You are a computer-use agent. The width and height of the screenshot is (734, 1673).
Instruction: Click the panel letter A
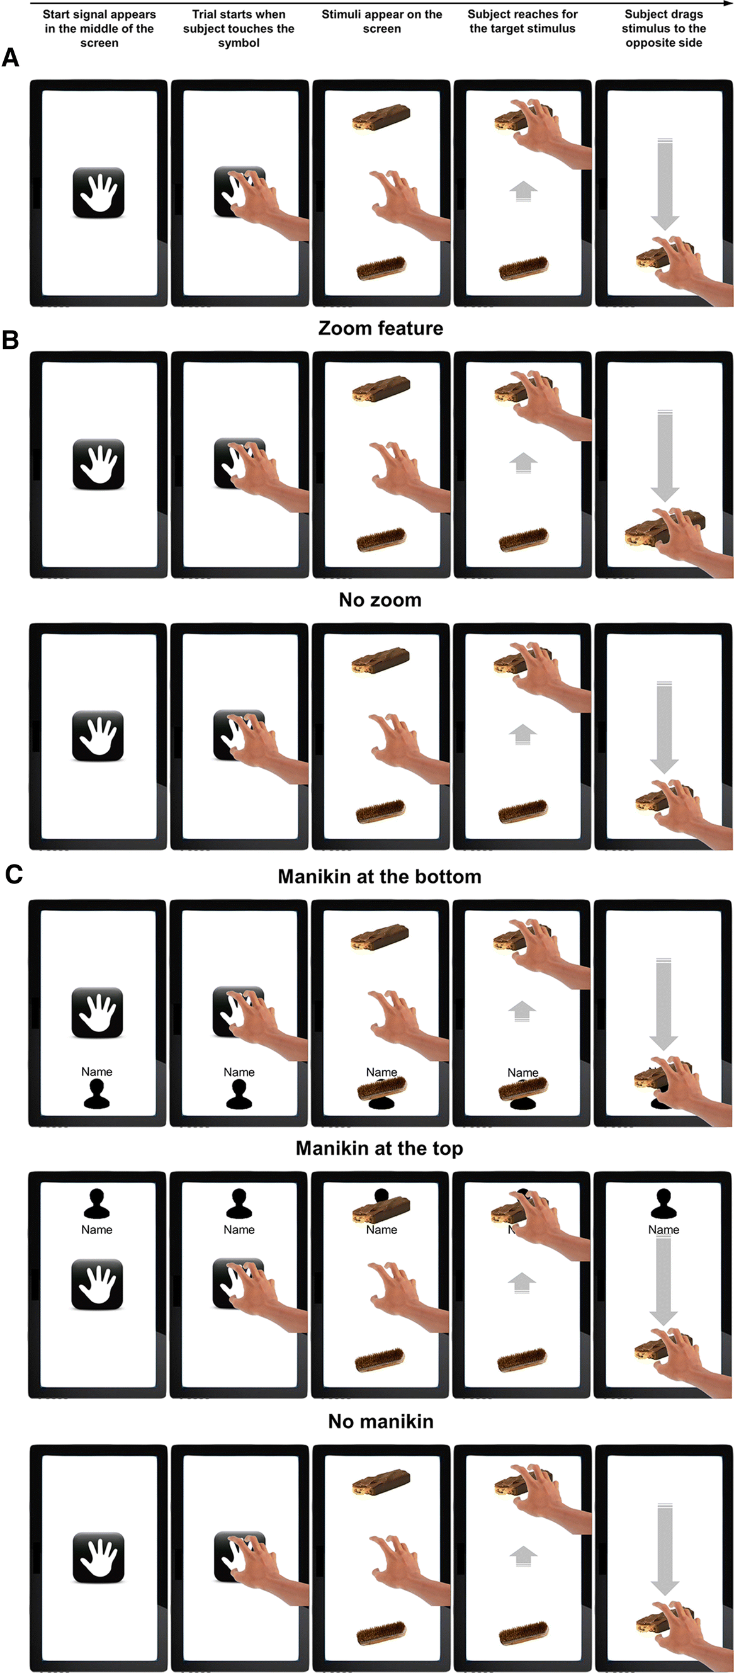(x=11, y=59)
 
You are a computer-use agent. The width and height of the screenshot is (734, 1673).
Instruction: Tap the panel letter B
(x=11, y=339)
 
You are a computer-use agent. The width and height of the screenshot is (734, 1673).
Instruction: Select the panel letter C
(x=14, y=874)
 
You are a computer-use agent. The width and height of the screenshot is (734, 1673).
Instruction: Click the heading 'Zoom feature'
(x=381, y=328)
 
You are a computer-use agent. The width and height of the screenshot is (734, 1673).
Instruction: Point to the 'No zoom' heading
(x=380, y=599)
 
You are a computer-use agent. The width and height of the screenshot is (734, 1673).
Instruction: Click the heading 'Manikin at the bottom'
(x=380, y=876)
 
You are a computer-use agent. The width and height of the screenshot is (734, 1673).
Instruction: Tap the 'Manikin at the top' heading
(x=380, y=1148)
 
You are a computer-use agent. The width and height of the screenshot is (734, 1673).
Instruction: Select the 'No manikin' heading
(x=381, y=1421)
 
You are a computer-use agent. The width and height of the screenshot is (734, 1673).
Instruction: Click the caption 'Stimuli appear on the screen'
(x=382, y=21)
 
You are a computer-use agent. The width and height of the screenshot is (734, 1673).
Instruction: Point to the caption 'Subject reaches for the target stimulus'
(x=522, y=21)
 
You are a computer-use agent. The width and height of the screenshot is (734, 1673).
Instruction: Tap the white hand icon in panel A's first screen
(x=99, y=192)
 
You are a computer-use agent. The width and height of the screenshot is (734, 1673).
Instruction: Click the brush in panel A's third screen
(x=381, y=268)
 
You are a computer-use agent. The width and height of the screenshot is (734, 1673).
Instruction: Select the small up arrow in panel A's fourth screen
(x=523, y=191)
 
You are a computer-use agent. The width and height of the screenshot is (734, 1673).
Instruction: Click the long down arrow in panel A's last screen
(x=665, y=184)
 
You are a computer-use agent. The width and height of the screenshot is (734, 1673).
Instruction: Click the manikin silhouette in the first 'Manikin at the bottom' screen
(x=97, y=1094)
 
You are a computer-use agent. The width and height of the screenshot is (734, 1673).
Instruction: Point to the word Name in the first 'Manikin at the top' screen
(x=97, y=1230)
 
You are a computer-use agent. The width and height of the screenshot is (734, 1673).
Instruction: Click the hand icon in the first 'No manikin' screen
(x=99, y=1557)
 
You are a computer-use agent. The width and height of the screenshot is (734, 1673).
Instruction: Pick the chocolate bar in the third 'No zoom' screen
(x=381, y=661)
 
